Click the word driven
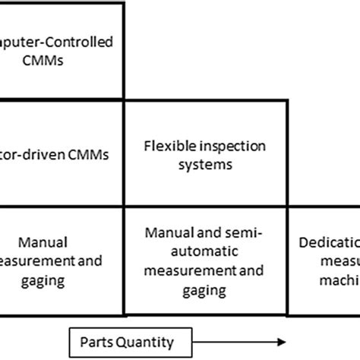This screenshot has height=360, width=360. click(x=46, y=155)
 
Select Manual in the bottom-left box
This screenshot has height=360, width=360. click(x=51, y=242)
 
